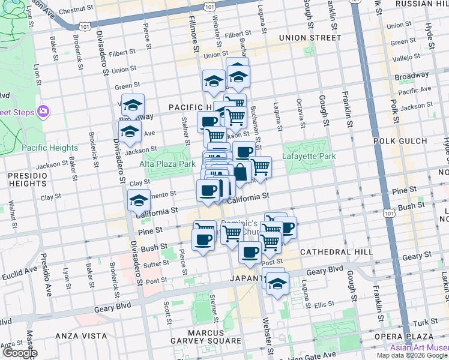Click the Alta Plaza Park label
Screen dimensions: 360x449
pos(168,164)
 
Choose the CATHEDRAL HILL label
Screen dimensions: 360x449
pos(336,252)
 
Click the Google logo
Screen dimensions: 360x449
pos(19,353)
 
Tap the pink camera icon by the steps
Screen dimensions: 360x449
pos(43,111)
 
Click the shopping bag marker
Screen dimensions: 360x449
pos(240,172)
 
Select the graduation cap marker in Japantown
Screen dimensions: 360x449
pos(277,285)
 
